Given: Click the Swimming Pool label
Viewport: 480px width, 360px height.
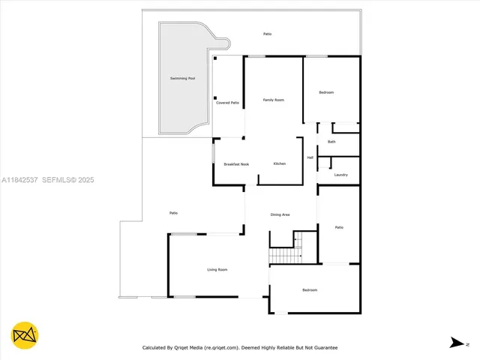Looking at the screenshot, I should (x=182, y=78).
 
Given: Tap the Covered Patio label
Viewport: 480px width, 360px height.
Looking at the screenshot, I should (x=227, y=103).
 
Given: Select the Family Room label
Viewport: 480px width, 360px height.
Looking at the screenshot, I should (x=273, y=100).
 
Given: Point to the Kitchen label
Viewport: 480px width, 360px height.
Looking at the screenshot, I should (x=279, y=163).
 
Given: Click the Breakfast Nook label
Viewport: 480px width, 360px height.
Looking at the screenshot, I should (x=236, y=163).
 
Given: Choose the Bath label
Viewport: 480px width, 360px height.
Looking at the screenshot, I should (x=331, y=142).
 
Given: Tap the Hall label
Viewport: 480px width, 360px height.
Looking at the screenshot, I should (x=310, y=157).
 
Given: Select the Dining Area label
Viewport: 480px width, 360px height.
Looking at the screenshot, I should (x=280, y=215).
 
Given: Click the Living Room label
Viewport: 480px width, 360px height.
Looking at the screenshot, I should (x=217, y=269).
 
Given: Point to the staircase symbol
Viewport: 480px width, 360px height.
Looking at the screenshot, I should (x=285, y=256).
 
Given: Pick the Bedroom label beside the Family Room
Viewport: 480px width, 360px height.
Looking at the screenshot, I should (x=326, y=92).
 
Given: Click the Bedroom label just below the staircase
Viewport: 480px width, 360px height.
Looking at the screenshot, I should (x=310, y=289).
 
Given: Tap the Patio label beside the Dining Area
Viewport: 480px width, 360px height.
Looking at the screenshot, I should (x=339, y=227).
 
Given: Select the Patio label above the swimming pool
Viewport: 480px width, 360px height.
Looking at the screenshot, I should (x=267, y=34).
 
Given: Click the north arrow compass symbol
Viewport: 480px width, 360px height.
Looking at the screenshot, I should (x=456, y=343).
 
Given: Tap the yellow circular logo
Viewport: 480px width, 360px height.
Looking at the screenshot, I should (x=25, y=335).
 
